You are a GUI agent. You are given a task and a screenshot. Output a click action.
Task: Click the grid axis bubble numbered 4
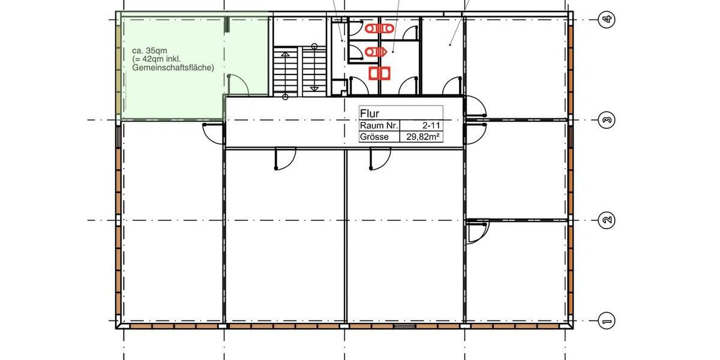coord(607,20)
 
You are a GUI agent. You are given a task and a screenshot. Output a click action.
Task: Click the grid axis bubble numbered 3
coord(607,121)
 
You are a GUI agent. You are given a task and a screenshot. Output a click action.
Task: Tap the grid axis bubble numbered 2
coord(607,221)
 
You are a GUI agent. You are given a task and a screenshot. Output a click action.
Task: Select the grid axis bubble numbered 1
coord(607,322)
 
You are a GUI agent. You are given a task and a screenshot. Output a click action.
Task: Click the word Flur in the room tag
coord(370,113)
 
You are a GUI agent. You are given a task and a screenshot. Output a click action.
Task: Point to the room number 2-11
coord(427,125)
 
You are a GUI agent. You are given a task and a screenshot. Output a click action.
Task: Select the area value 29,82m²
coord(423,137)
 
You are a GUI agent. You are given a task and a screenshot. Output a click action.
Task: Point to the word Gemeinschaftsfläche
coord(173,68)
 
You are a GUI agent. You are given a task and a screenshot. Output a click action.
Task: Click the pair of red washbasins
coord(379,73)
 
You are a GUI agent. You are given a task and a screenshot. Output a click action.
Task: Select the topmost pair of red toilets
coord(379,28)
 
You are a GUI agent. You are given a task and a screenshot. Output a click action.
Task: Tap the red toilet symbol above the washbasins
coord(376,52)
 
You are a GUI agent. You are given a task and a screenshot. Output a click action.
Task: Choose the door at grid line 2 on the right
coord(478,232)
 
